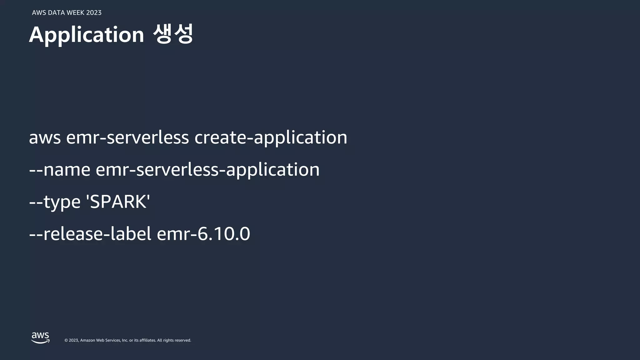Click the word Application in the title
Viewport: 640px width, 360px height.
coord(86,35)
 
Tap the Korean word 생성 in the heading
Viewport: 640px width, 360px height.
coord(173,34)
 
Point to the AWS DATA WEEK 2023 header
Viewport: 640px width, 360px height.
coord(67,13)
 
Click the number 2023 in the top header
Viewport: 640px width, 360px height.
coord(94,13)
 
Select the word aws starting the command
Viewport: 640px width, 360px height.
coord(45,138)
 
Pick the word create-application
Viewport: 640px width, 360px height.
coord(271,138)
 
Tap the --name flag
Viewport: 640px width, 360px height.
coord(59,170)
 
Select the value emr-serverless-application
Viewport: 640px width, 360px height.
coord(207,170)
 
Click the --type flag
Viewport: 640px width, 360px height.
coord(55,202)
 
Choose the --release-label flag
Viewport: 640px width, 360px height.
coord(90,234)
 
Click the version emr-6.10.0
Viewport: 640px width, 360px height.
coord(203,234)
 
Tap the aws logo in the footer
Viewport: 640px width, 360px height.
coord(40,338)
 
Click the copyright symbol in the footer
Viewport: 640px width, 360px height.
coord(66,340)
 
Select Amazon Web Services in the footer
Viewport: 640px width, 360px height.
coord(100,340)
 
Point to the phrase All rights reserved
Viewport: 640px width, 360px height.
coord(174,340)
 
